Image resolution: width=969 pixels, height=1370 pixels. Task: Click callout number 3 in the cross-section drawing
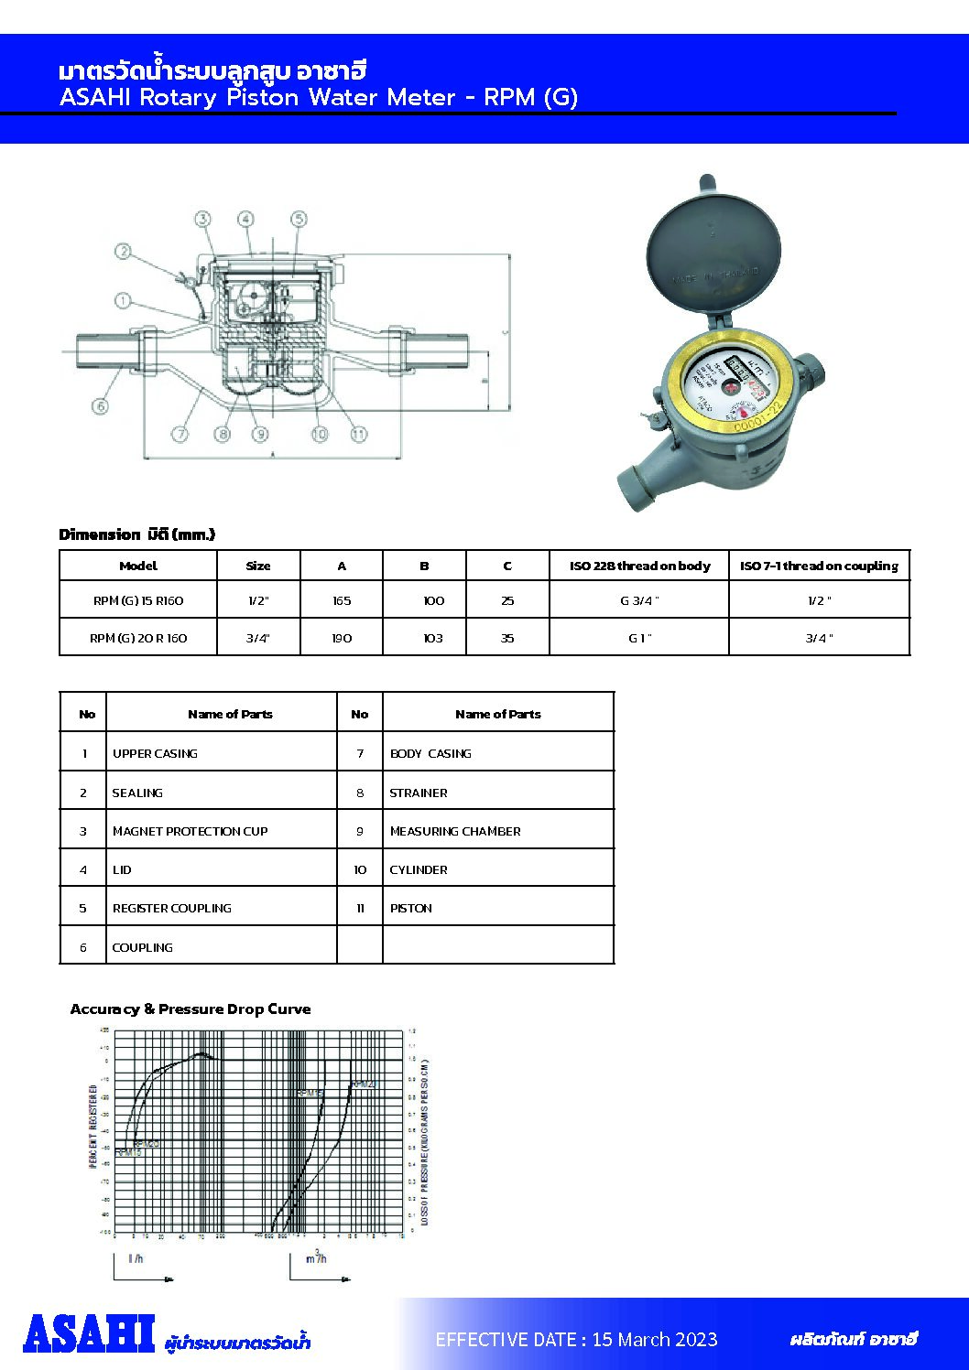[x=202, y=219]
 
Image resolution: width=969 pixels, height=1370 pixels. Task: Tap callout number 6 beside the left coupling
[x=100, y=406]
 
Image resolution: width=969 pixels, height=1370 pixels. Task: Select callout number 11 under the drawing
[x=359, y=434]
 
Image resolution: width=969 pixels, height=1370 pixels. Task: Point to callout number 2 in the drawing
[x=123, y=252]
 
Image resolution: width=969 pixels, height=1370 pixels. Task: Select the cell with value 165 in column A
[x=342, y=601]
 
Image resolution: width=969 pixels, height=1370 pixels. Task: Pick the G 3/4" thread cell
[x=638, y=601]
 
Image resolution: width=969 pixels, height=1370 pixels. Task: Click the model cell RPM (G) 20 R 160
[x=138, y=638]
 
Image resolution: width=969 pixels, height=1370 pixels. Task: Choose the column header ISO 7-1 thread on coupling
[x=819, y=566]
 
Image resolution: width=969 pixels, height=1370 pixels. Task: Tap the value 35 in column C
[x=507, y=638]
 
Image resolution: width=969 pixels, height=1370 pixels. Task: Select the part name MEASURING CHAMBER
[x=455, y=831]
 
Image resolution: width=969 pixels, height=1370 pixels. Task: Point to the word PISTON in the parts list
[x=411, y=908]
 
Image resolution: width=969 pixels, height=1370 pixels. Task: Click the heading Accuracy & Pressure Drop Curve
[x=191, y=1009]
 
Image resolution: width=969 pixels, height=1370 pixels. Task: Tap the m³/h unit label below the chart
[x=316, y=1258]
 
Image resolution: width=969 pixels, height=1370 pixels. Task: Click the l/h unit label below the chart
[x=136, y=1258]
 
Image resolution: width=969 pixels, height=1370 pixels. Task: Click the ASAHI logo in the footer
[x=89, y=1334]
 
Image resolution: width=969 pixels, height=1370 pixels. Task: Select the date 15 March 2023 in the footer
[x=654, y=1340]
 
